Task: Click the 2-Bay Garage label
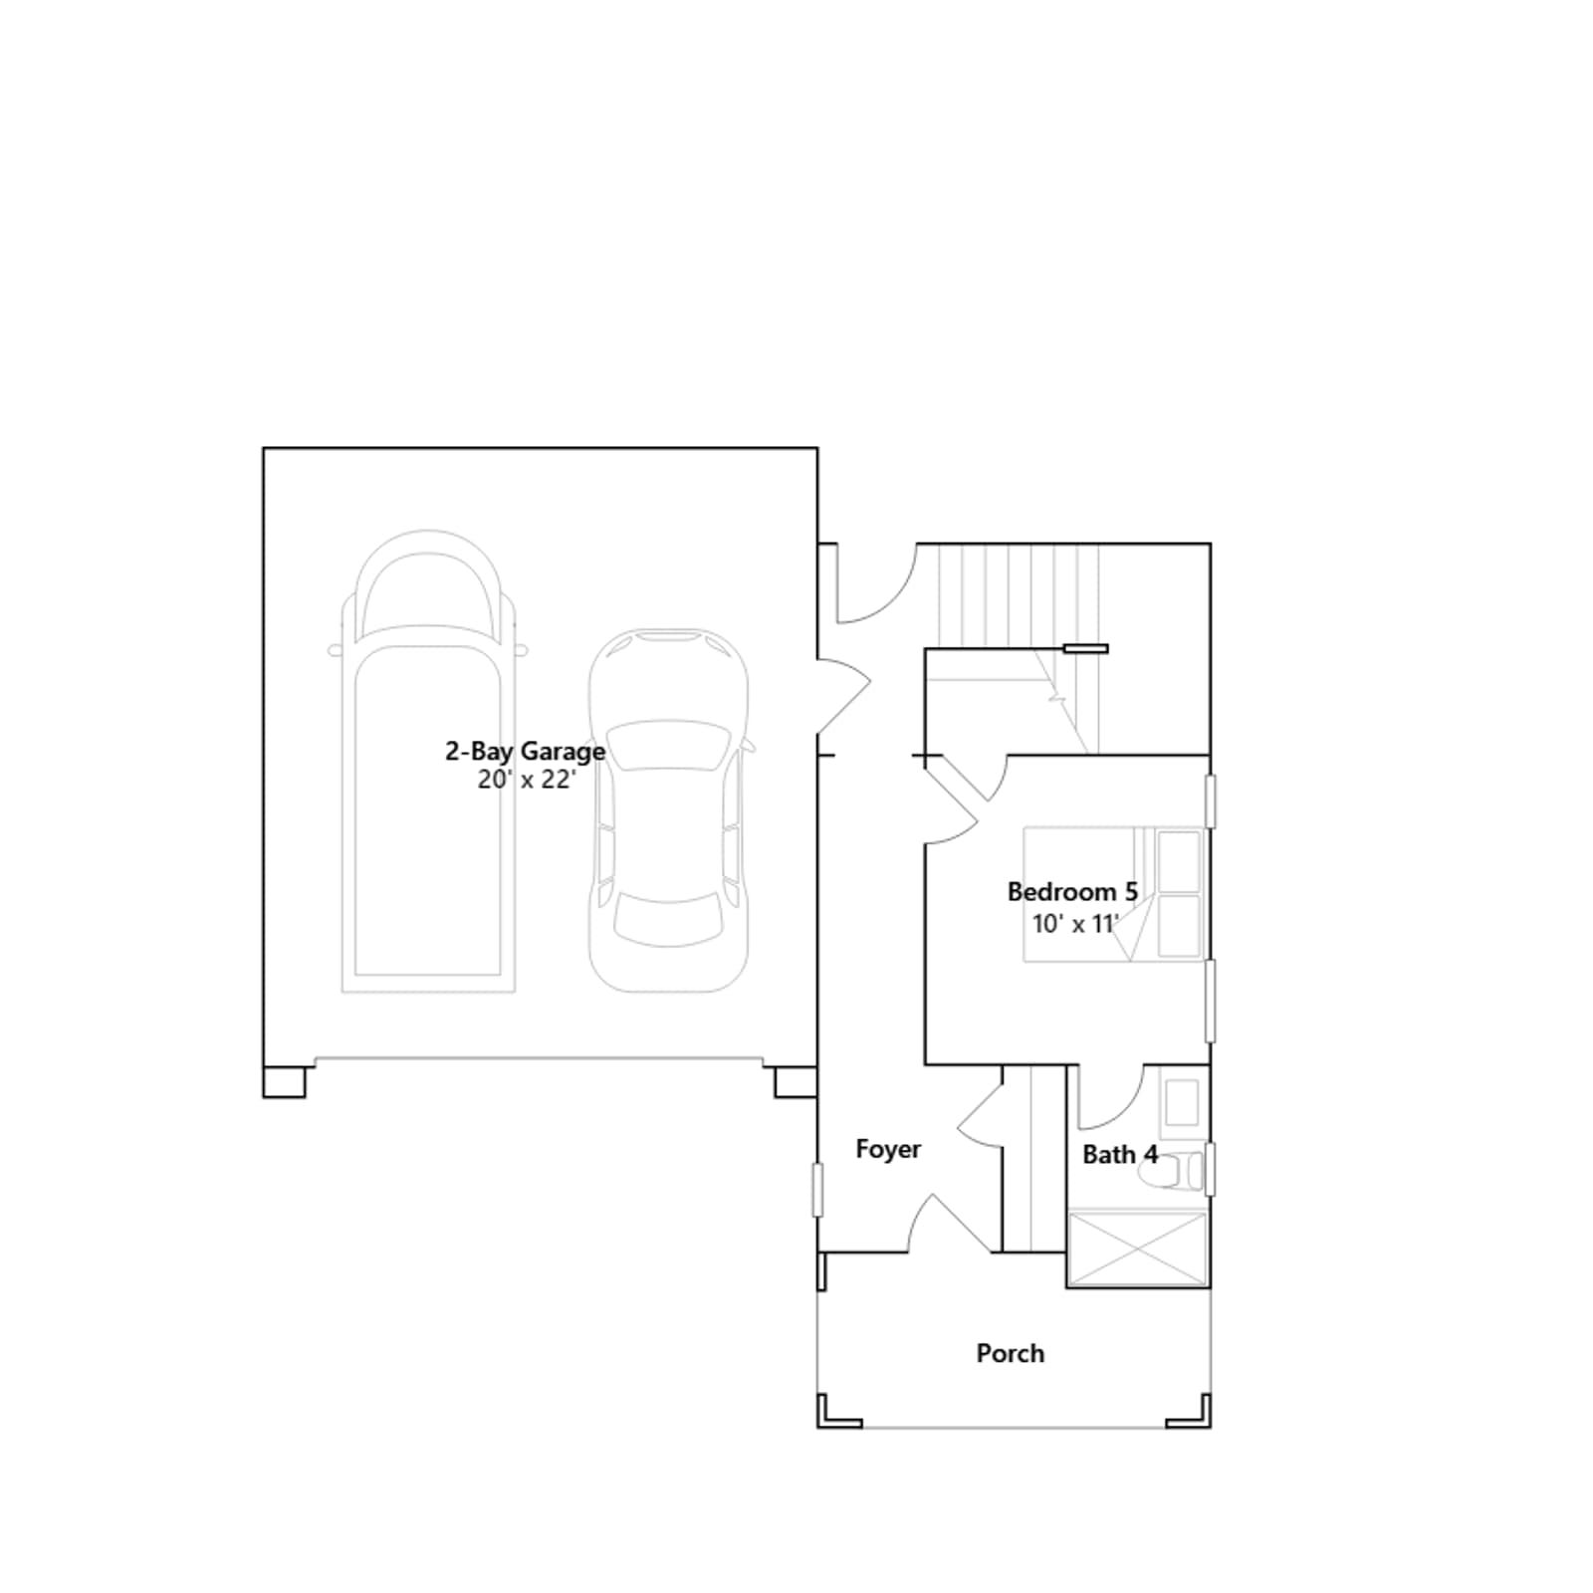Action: tap(525, 751)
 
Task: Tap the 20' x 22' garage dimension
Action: tap(526, 780)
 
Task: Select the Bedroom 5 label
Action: tap(1072, 891)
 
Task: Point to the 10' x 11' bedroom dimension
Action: tap(1075, 924)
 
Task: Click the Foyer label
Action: tap(888, 1149)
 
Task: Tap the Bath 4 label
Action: tap(1120, 1155)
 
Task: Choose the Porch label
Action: tap(1010, 1353)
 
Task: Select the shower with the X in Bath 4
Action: tap(1137, 1248)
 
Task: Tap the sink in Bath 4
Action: tap(1183, 1102)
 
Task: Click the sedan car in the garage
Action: tap(668, 809)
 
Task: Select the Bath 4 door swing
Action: tap(1110, 1097)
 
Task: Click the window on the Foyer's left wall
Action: tap(817, 1190)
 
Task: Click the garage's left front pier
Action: tap(284, 1082)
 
